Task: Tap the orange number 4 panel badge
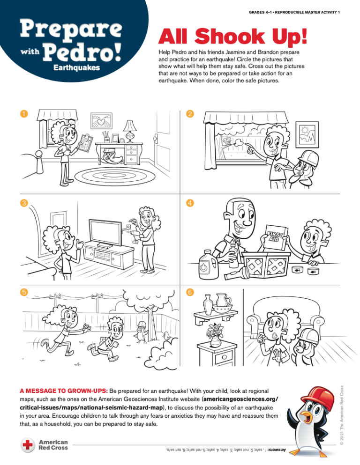coord(190,203)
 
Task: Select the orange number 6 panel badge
coord(190,292)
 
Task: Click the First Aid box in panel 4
coord(277,238)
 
